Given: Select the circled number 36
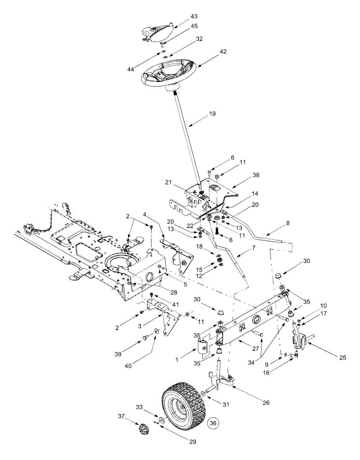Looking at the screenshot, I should [x=213, y=423].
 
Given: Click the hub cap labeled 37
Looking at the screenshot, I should [x=144, y=429].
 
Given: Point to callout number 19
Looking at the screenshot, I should [x=212, y=114].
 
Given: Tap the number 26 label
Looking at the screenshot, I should [x=266, y=402].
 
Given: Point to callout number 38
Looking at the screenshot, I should [x=256, y=175].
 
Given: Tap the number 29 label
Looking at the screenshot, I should [x=192, y=442].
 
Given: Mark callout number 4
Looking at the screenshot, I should [x=145, y=214].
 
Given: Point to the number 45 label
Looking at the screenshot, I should [x=194, y=26].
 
